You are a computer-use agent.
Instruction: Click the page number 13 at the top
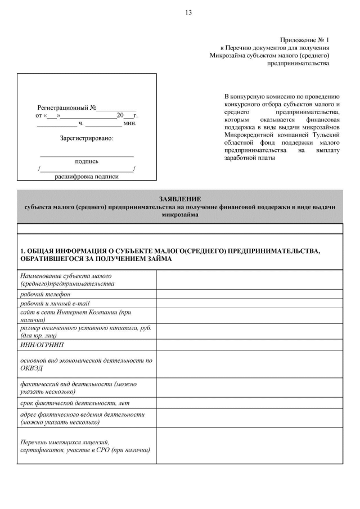(188, 13)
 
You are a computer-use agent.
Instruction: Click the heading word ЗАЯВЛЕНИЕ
(179, 199)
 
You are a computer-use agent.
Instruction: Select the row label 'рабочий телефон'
(46, 294)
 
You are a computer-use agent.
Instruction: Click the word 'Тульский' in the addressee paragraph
(325, 136)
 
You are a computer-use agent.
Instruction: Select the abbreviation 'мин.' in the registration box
(129, 123)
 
